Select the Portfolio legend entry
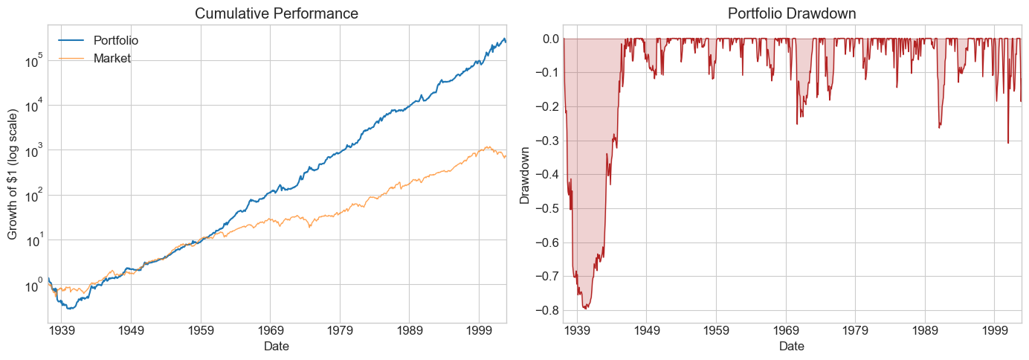tap(116, 40)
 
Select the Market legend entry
tap(112, 58)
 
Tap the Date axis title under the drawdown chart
tap(791, 346)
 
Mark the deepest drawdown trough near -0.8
tap(586, 307)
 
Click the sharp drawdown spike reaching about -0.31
tap(1008, 143)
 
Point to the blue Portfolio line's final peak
tap(503, 39)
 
